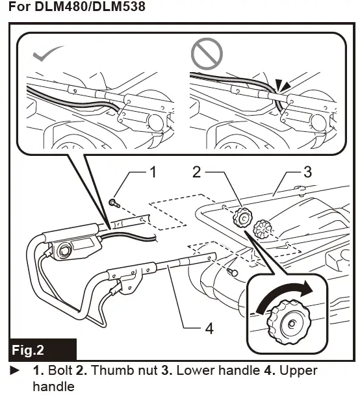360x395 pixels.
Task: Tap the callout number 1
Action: click(x=153, y=172)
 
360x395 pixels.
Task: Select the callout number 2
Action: click(x=196, y=172)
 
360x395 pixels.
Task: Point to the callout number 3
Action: click(x=307, y=172)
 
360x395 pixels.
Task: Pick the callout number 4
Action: click(x=209, y=328)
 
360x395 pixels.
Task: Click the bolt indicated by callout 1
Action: click(x=114, y=203)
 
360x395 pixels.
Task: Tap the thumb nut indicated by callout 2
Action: click(x=242, y=217)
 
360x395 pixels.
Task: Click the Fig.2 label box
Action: click(x=43, y=350)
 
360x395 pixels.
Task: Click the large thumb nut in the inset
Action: click(x=289, y=322)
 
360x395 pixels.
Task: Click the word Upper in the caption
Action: click(x=298, y=371)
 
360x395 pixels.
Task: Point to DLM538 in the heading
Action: click(x=119, y=6)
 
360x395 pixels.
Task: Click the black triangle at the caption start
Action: click(x=15, y=370)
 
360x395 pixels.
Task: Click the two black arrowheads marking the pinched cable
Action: click(x=283, y=85)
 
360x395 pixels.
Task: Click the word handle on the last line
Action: click(x=54, y=387)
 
